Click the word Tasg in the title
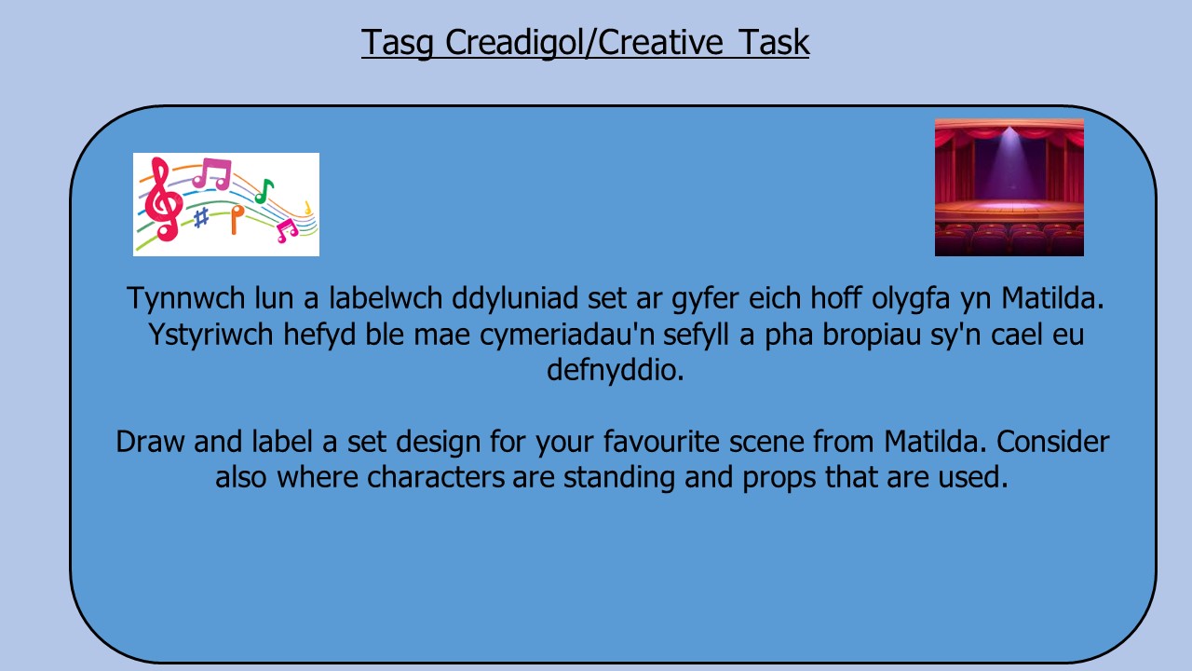pyautogui.click(x=398, y=43)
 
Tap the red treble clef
pyautogui.click(x=163, y=199)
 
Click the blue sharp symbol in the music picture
pyautogui.click(x=200, y=218)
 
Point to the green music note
pyautogui.click(x=264, y=191)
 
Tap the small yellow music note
pyautogui.click(x=307, y=208)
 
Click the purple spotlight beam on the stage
pyautogui.click(x=1009, y=165)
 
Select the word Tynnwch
pyautogui.click(x=185, y=298)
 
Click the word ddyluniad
pyautogui.click(x=515, y=298)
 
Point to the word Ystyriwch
pyautogui.click(x=210, y=335)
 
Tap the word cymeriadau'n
pyautogui.click(x=604, y=335)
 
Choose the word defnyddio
pyautogui.click(x=616, y=370)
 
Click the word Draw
pyautogui.click(x=150, y=442)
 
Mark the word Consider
pyautogui.click(x=1052, y=442)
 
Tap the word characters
pyautogui.click(x=435, y=477)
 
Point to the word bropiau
pyautogui.click(x=872, y=335)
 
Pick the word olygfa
pyautogui.click(x=911, y=299)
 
